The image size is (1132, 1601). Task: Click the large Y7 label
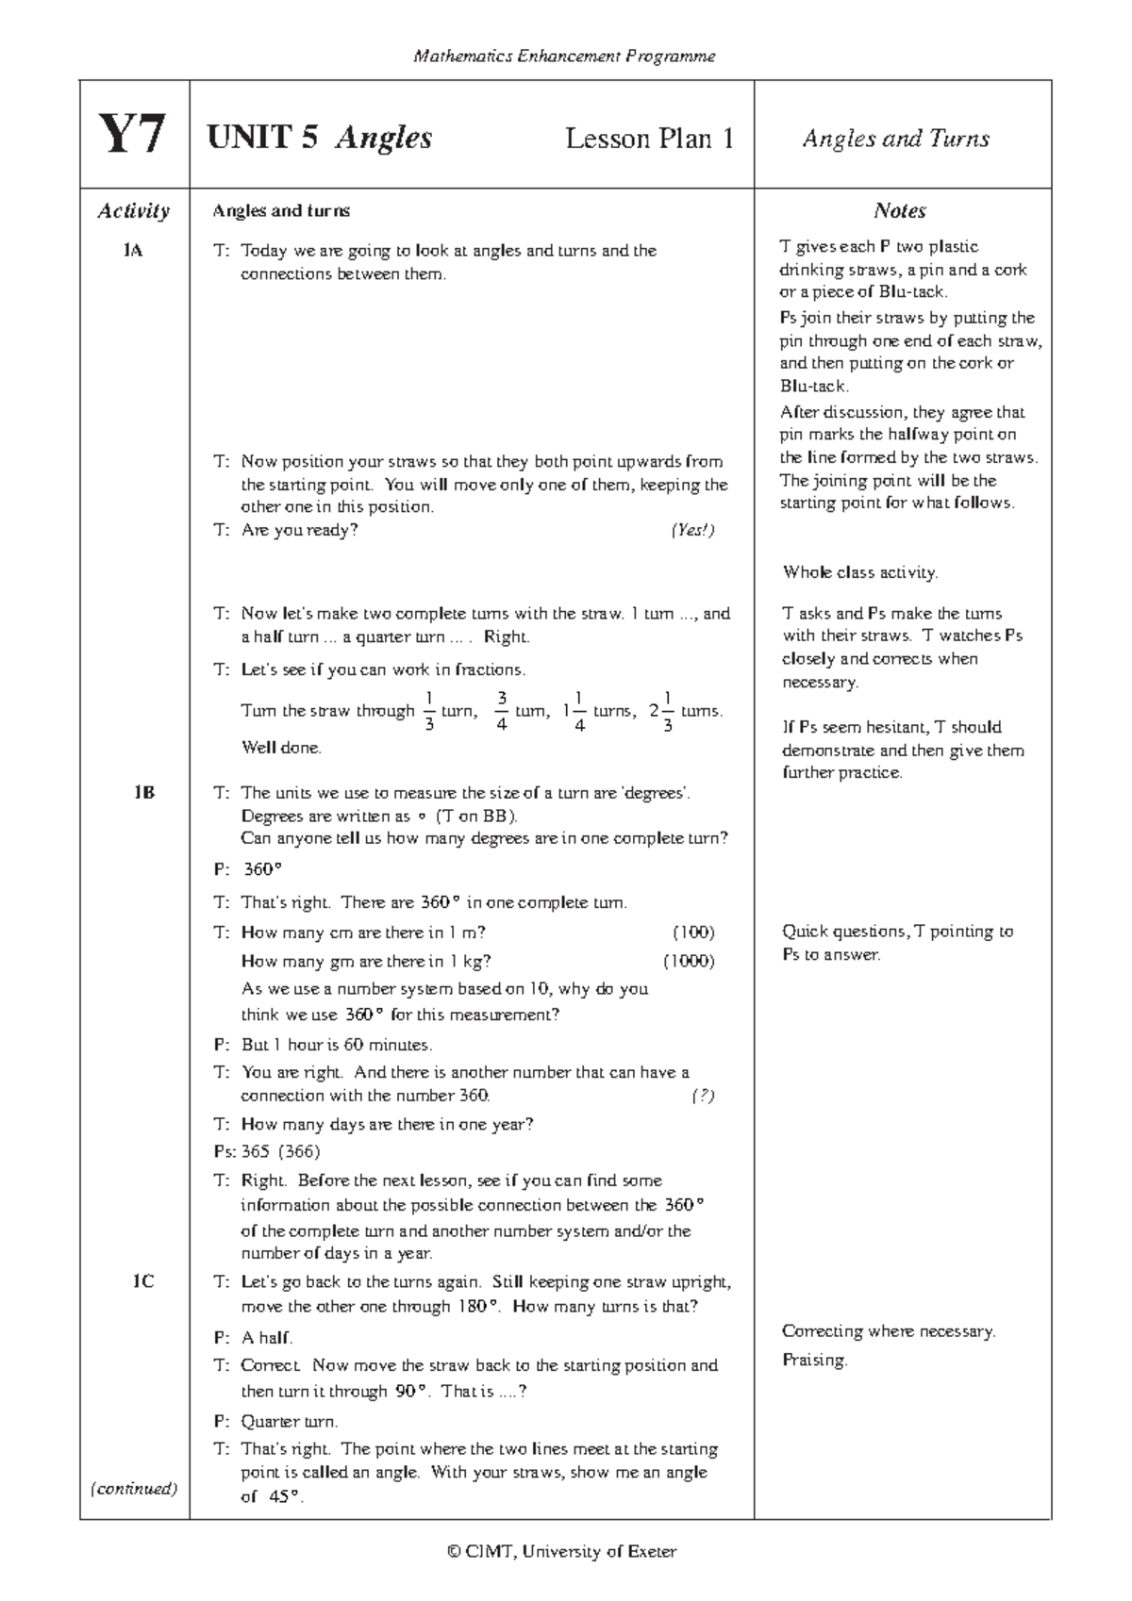point(133,136)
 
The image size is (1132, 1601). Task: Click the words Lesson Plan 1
point(649,139)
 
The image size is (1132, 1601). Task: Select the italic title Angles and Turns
point(895,139)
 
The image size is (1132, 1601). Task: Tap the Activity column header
point(133,210)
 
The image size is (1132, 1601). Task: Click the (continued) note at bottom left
point(133,1489)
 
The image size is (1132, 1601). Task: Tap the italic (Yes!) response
point(692,530)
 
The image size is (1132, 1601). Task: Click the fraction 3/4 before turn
point(502,711)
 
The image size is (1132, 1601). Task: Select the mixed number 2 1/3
point(661,711)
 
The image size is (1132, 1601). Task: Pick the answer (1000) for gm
point(688,961)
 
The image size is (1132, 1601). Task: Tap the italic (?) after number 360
point(702,1096)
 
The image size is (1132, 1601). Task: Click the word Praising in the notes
point(814,1360)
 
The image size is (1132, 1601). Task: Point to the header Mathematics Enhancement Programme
point(564,57)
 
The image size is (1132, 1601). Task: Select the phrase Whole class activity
point(859,572)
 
